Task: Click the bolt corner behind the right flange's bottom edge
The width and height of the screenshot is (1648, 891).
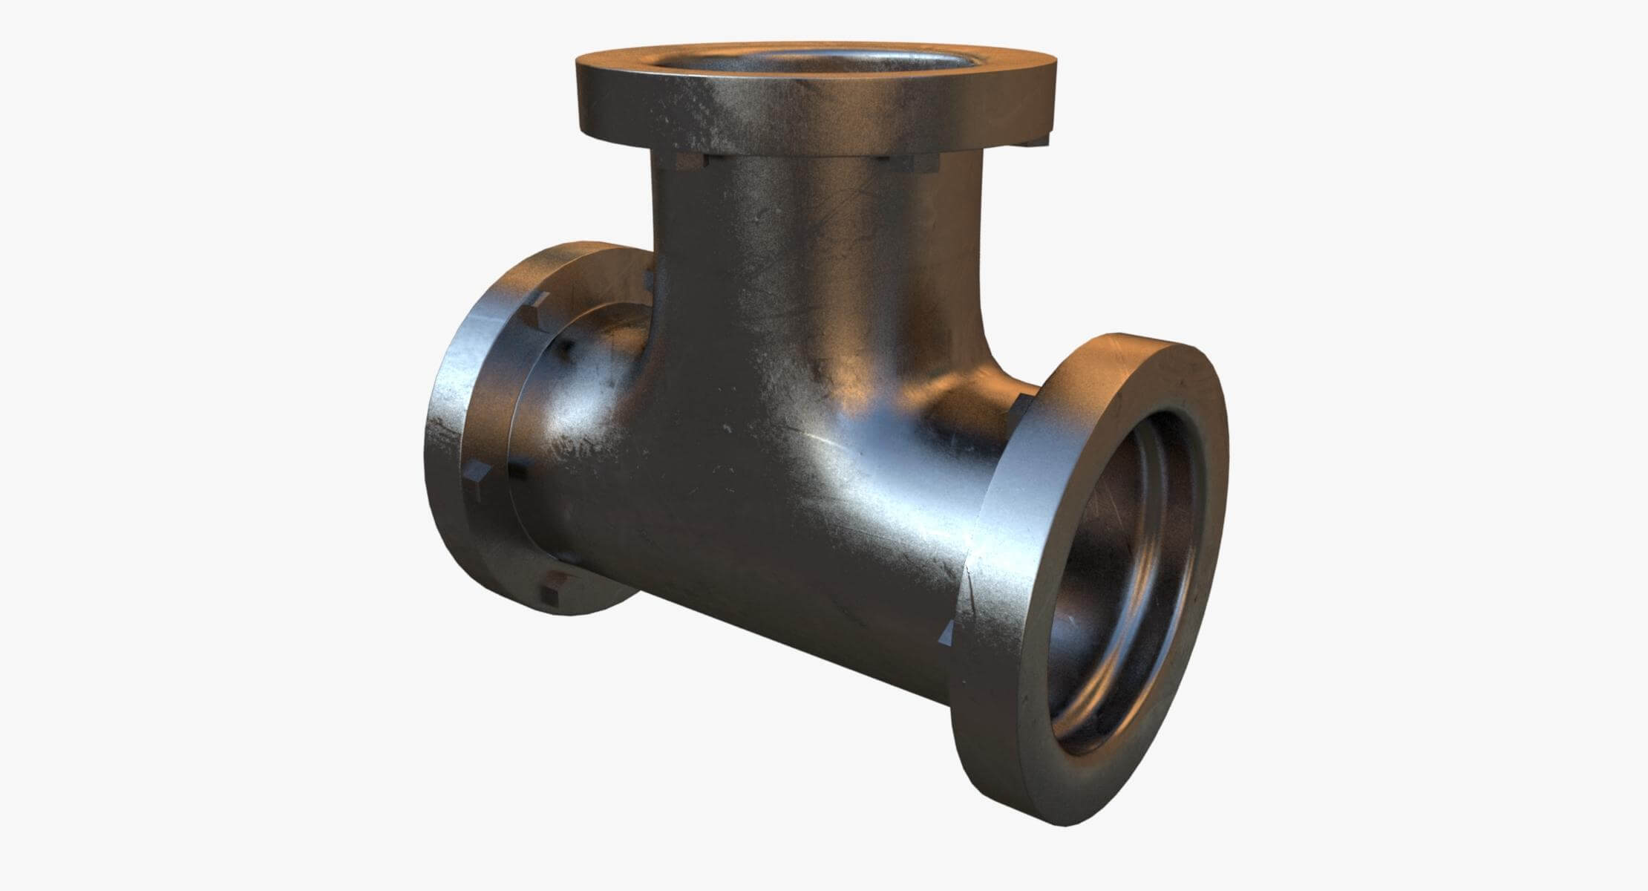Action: pos(946,635)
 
